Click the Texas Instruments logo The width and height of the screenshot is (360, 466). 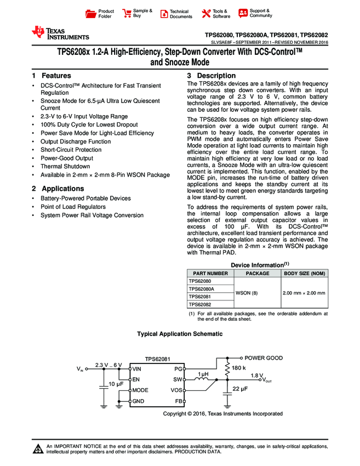(60, 33)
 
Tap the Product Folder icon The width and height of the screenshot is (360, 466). (92, 14)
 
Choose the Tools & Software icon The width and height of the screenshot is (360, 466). (207, 14)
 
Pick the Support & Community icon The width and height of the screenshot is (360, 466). (243, 14)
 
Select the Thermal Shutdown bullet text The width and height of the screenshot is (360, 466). (65, 167)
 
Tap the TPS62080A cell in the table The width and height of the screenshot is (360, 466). (202, 288)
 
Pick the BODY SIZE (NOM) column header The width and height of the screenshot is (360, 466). (304, 273)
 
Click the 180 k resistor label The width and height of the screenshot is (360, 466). (239, 368)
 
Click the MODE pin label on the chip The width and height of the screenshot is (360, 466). (141, 390)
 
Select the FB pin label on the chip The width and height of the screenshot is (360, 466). (178, 401)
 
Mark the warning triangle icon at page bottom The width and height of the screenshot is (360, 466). (38, 450)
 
